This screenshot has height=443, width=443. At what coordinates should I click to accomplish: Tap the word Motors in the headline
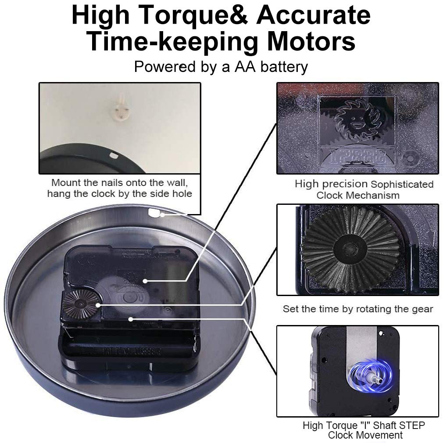(311, 41)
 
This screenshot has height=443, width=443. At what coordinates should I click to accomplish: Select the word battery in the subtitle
(284, 67)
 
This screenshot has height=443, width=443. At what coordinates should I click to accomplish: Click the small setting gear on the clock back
(81, 304)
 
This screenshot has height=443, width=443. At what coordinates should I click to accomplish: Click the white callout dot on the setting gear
(98, 305)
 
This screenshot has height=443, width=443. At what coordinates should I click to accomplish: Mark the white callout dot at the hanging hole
(162, 215)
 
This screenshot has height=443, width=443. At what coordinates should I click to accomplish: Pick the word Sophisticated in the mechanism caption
(402, 184)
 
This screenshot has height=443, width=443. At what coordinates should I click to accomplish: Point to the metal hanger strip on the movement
(361, 347)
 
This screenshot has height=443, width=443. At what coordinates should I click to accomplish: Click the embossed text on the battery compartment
(132, 352)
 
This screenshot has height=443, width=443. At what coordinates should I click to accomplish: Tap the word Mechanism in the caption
(373, 195)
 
